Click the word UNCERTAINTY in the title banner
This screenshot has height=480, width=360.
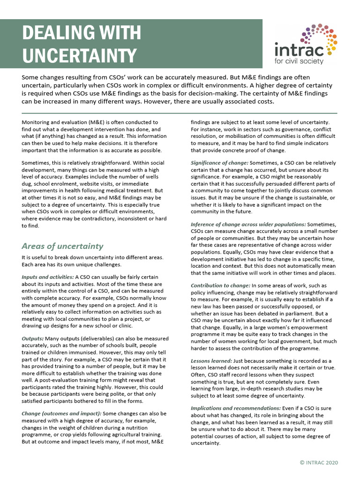pos(80,55)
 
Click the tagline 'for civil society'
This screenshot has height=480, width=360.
pos(305,61)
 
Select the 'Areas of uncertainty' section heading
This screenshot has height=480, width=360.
pos(62,246)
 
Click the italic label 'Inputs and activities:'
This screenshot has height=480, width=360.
pos(47,277)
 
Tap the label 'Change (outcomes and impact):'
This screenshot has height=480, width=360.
pos(61,413)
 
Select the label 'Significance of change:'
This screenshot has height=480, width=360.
pos(219,162)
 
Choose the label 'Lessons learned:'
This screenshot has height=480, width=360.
pos(211,361)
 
